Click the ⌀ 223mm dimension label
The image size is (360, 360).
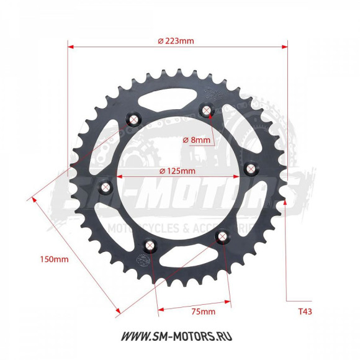click(x=176, y=41)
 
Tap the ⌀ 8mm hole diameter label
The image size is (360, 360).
click(x=197, y=140)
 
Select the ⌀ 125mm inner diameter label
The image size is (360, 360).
click(x=178, y=171)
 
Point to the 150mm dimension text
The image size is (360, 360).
click(x=54, y=258)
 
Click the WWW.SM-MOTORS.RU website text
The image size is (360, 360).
click(x=179, y=336)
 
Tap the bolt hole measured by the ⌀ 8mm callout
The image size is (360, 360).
click(x=207, y=110)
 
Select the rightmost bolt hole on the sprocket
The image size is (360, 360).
click(x=251, y=168)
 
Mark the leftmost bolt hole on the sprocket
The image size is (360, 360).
click(x=106, y=186)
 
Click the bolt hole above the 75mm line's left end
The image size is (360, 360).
click(x=150, y=245)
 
